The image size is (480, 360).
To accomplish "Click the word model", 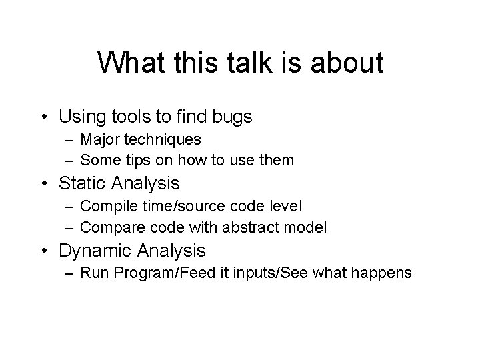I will (x=309, y=227).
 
